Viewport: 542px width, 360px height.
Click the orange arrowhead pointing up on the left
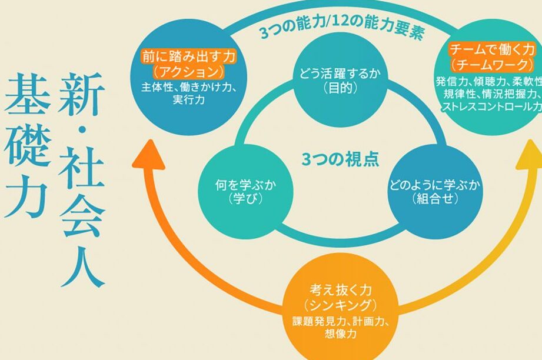click(x=149, y=155)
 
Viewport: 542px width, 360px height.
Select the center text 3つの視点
click(x=341, y=159)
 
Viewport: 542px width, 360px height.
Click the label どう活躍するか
click(x=340, y=74)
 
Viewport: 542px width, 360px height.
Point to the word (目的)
click(x=340, y=88)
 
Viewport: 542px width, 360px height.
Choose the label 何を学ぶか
click(x=245, y=185)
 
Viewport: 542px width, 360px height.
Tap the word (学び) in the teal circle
click(x=245, y=199)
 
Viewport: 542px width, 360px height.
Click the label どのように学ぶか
click(x=435, y=185)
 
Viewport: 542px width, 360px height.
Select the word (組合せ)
click(x=435, y=199)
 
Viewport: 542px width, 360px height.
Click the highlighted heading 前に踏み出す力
click(x=189, y=56)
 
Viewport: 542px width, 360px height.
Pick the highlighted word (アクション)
click(x=188, y=72)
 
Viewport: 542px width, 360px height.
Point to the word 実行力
click(x=189, y=100)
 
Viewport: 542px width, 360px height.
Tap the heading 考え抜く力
click(x=341, y=290)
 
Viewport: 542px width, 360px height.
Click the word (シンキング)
click(x=341, y=305)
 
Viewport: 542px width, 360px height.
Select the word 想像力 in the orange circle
click(x=341, y=334)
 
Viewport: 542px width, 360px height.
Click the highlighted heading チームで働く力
click(x=492, y=50)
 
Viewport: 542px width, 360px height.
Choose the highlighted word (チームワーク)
click(x=492, y=65)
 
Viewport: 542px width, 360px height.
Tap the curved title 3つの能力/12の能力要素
click(x=341, y=26)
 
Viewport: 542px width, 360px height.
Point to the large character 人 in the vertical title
click(x=82, y=264)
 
